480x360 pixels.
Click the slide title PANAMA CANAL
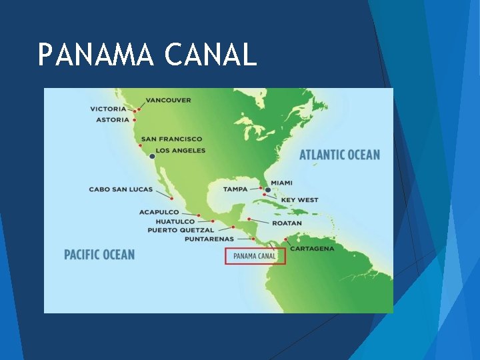point(147,55)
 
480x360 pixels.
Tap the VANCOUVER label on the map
point(168,100)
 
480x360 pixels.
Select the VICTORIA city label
point(109,109)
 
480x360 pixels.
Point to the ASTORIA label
point(110,119)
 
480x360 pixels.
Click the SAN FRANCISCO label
point(171,139)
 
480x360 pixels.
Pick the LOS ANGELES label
point(180,150)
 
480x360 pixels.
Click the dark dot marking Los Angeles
point(152,156)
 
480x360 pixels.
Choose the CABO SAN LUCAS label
point(121,189)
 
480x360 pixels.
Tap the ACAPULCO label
point(159,212)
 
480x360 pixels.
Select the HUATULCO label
point(175,221)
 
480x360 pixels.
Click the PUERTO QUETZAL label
point(181,230)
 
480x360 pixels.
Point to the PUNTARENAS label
point(209,239)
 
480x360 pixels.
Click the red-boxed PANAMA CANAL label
point(255,255)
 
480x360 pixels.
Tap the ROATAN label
point(287,223)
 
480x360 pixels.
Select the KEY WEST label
point(299,199)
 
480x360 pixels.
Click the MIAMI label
point(281,183)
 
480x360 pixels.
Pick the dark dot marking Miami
point(268,189)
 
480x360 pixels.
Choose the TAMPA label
point(235,189)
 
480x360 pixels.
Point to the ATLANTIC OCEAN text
point(339,155)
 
